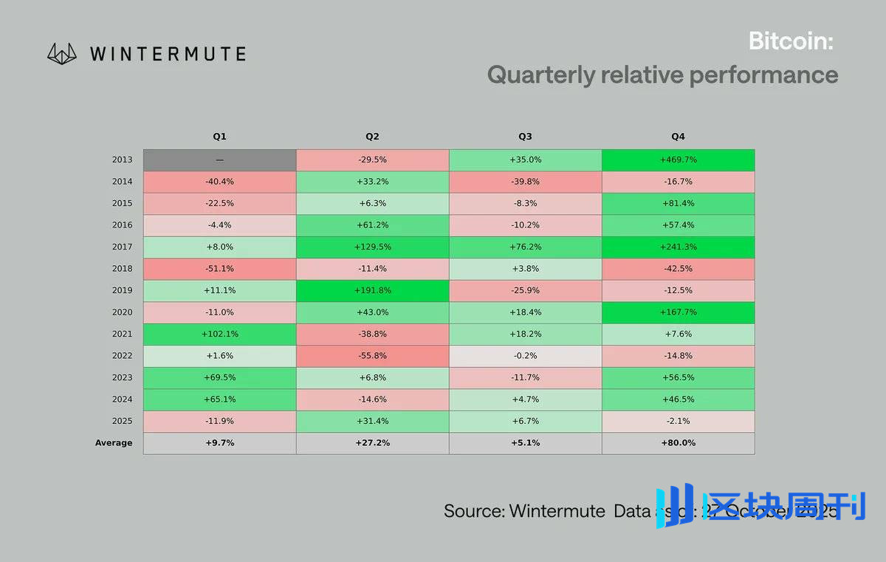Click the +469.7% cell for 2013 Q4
678,160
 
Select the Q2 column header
372,137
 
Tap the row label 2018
123,269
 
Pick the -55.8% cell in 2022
372,356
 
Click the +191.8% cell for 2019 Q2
372,291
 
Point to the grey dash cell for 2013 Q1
219,160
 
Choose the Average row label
114,443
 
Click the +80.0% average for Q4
678,443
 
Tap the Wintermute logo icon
62,53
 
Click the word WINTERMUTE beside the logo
168,54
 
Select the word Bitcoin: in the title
791,41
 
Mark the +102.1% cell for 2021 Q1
219,335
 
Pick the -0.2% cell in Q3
525,356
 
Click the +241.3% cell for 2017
678,247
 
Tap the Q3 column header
525,137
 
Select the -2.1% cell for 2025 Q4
678,421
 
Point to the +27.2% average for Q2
372,443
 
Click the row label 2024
123,400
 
